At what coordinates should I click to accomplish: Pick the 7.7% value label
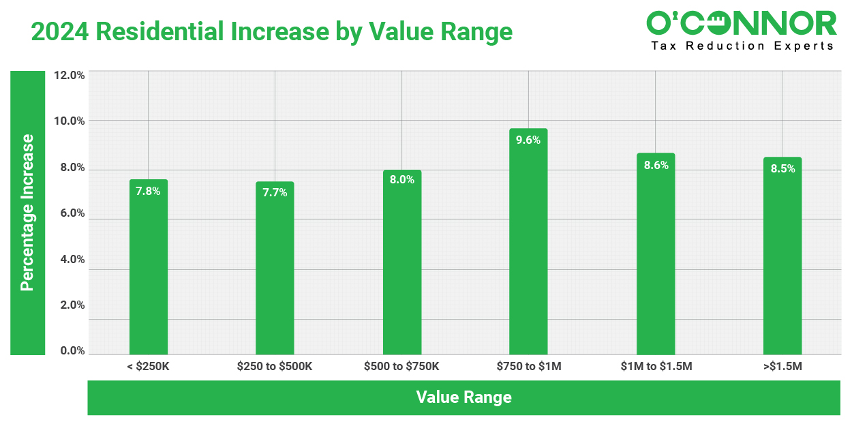coord(275,192)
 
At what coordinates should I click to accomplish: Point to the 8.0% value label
coord(402,180)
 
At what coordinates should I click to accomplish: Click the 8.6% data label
coord(656,165)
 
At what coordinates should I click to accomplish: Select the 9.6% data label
coord(528,140)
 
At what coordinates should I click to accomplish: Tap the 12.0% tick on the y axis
coord(69,75)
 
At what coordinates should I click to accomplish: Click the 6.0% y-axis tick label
coord(69,213)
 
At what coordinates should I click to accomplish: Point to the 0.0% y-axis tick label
coord(69,351)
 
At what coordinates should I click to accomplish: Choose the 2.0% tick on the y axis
coord(69,305)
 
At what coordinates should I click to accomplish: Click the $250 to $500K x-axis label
coord(275,367)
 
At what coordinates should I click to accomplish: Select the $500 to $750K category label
coord(402,367)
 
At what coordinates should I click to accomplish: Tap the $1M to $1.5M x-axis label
coord(656,367)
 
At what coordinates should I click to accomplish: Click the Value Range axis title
coord(463,397)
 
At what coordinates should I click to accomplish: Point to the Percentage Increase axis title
coord(27,213)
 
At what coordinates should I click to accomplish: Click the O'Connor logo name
coord(741,23)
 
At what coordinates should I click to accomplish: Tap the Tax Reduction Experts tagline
coord(742,46)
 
